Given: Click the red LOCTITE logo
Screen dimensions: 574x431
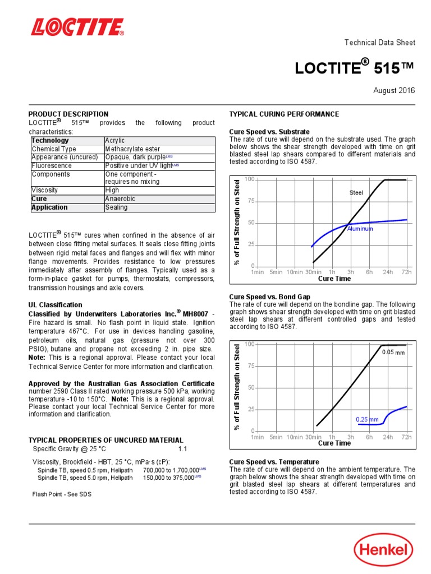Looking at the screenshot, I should point(77,27).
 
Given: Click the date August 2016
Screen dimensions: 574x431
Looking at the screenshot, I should point(396,90).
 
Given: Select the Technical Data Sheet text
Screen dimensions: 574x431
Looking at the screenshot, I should point(379,43).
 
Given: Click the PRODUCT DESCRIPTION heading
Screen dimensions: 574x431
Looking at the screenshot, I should point(68,114).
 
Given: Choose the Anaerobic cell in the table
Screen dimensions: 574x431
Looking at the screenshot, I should point(120,199).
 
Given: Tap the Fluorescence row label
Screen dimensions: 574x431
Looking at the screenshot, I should point(52,166).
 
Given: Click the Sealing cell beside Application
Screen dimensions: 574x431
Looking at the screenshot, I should point(116,207).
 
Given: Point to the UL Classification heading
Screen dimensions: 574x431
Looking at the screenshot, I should point(55,305).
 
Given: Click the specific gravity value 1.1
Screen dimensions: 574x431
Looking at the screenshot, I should point(183,450).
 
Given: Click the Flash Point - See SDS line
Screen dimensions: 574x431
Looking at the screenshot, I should point(62,494).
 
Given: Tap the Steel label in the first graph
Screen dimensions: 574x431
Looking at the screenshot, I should point(356,193).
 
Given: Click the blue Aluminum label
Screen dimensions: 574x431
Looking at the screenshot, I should point(360,229).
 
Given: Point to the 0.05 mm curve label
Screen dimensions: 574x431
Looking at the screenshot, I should point(393,353).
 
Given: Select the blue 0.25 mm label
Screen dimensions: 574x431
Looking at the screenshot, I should point(367,419).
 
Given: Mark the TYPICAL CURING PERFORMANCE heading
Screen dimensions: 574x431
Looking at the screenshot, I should point(284,114).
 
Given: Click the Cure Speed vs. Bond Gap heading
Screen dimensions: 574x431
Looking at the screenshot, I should point(270,296).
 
